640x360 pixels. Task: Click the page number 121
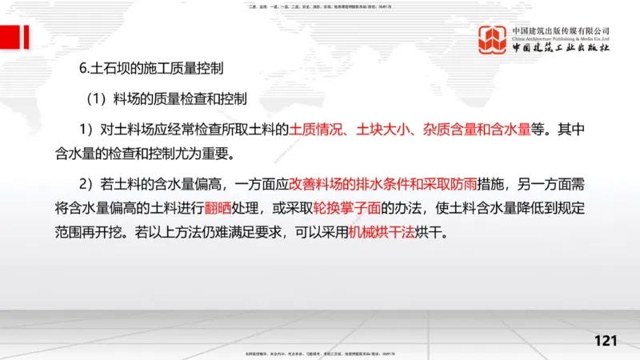point(606,341)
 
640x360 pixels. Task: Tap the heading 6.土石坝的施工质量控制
point(151,69)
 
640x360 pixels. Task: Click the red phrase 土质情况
point(315,128)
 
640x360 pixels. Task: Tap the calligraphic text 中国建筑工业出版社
point(561,49)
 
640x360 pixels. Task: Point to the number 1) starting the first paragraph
point(86,128)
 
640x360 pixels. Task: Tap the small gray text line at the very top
point(320,6)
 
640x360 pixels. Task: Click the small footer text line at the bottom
point(320,354)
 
